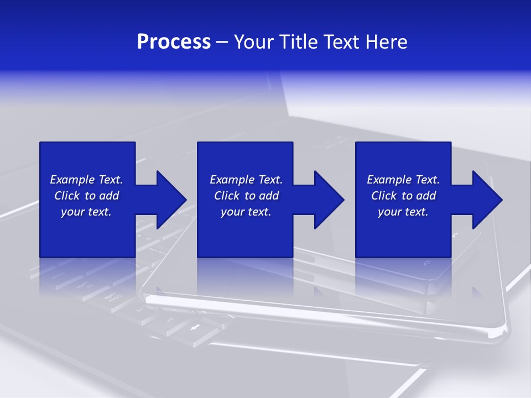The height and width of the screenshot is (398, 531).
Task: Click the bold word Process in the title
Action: point(174,42)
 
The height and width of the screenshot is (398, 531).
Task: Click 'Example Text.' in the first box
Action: point(86,180)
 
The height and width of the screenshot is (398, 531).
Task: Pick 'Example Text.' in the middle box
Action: point(246,180)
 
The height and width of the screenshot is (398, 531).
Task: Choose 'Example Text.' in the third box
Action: point(403,180)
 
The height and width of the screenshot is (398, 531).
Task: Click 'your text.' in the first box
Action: point(86,212)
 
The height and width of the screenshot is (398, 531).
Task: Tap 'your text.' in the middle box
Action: point(246,212)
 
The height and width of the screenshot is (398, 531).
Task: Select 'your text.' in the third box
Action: point(403,212)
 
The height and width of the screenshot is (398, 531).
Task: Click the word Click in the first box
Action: point(67,196)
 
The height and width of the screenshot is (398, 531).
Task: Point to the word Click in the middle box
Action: point(227,196)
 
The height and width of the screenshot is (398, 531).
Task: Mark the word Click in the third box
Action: point(384,196)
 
